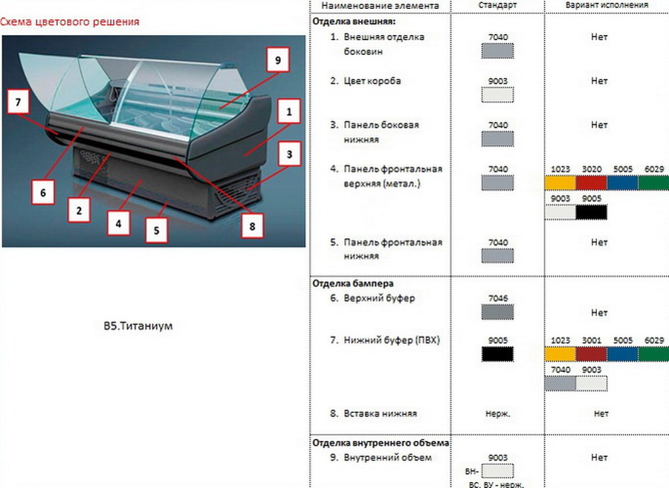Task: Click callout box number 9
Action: pyautogui.click(x=277, y=60)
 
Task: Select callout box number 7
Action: pyautogui.click(x=18, y=103)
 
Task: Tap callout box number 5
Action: pyautogui.click(x=156, y=230)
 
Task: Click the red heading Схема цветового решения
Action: pyautogui.click(x=70, y=22)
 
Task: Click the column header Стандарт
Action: pyautogui.click(x=498, y=5)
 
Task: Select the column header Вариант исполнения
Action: pyautogui.click(x=606, y=5)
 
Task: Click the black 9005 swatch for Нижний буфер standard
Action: pyautogui.click(x=498, y=354)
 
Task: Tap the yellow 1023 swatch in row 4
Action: pyautogui.click(x=560, y=183)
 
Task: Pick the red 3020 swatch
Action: pyautogui.click(x=591, y=183)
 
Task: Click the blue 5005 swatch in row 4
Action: pyautogui.click(x=622, y=183)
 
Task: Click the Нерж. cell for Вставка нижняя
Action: pyautogui.click(x=497, y=414)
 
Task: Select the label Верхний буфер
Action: pyautogui.click(x=380, y=298)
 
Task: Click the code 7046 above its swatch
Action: pyautogui.click(x=498, y=298)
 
